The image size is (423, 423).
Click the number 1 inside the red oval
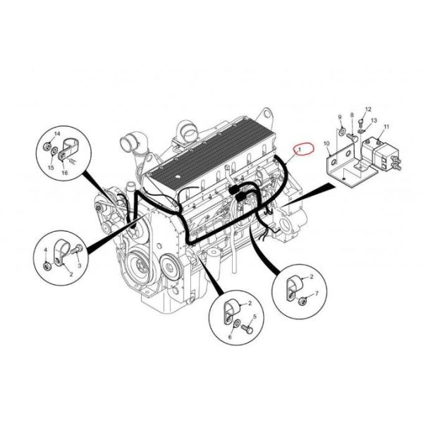click(x=302, y=149)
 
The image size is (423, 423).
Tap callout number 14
click(x=57, y=134)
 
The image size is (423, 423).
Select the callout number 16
click(x=65, y=171)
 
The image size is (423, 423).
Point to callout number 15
click(x=51, y=168)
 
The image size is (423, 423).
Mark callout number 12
click(x=367, y=109)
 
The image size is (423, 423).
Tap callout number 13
click(x=374, y=121)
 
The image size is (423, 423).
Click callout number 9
click(x=340, y=116)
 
